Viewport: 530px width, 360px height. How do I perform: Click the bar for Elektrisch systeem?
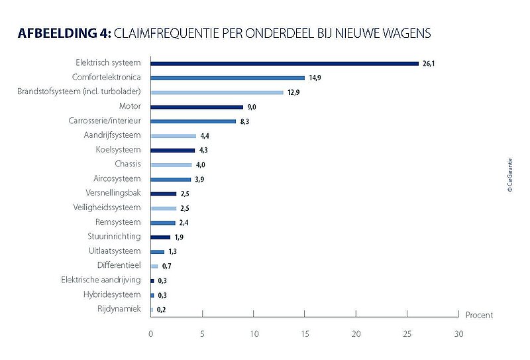pyautogui.click(x=285, y=64)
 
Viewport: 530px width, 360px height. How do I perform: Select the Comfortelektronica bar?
pyautogui.click(x=228, y=78)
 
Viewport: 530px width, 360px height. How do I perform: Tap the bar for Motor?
pyautogui.click(x=197, y=107)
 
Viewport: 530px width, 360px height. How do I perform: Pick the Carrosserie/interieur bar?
pyautogui.click(x=193, y=121)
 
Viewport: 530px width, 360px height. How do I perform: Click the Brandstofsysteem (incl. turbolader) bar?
pyautogui.click(x=217, y=92)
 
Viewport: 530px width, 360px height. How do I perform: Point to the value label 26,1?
pyautogui.click(x=429, y=64)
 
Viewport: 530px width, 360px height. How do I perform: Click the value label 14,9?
pyautogui.click(x=315, y=78)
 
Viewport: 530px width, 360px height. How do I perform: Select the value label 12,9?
pyautogui.click(x=293, y=93)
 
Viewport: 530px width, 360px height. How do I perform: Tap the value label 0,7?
pyautogui.click(x=167, y=267)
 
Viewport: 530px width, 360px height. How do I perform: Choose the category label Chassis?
pyautogui.click(x=127, y=164)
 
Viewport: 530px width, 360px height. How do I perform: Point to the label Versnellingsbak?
pyautogui.click(x=113, y=194)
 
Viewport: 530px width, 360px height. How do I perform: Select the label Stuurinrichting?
pyautogui.click(x=114, y=237)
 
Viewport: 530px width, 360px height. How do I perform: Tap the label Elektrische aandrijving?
pyautogui.click(x=101, y=280)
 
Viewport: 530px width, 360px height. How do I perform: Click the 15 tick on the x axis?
pyautogui.click(x=305, y=333)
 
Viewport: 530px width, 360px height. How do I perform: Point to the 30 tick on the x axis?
pyautogui.click(x=458, y=333)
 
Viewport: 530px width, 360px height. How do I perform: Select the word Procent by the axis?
pyautogui.click(x=479, y=315)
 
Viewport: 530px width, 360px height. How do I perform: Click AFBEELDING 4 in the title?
pyautogui.click(x=65, y=33)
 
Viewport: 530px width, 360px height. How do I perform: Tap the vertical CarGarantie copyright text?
pyautogui.click(x=509, y=175)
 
